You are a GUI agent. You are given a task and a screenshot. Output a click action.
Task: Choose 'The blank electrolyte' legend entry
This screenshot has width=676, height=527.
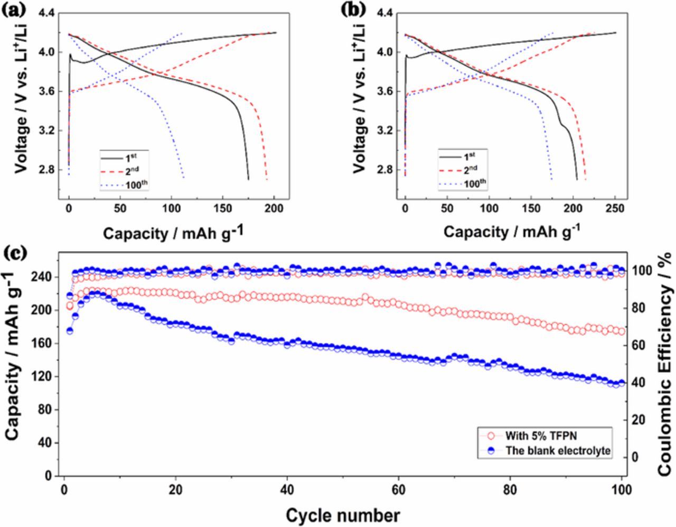point(549,451)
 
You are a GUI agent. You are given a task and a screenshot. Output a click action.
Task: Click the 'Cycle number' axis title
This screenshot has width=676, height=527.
point(343,514)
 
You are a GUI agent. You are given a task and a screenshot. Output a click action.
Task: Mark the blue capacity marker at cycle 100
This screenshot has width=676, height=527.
point(621,383)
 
